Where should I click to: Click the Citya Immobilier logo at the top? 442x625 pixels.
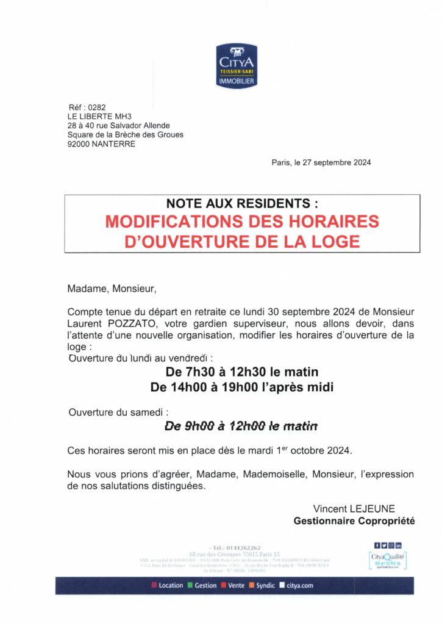(237, 65)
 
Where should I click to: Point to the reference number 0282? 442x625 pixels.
(97, 107)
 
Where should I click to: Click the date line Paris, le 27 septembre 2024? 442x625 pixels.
(321, 162)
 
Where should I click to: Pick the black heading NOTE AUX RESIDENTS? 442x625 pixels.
(242, 204)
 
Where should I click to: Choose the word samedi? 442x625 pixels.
(149, 413)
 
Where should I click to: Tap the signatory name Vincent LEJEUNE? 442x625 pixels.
(354, 508)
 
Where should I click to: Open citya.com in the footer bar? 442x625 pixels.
(299, 585)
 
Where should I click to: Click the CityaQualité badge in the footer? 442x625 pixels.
(388, 558)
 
